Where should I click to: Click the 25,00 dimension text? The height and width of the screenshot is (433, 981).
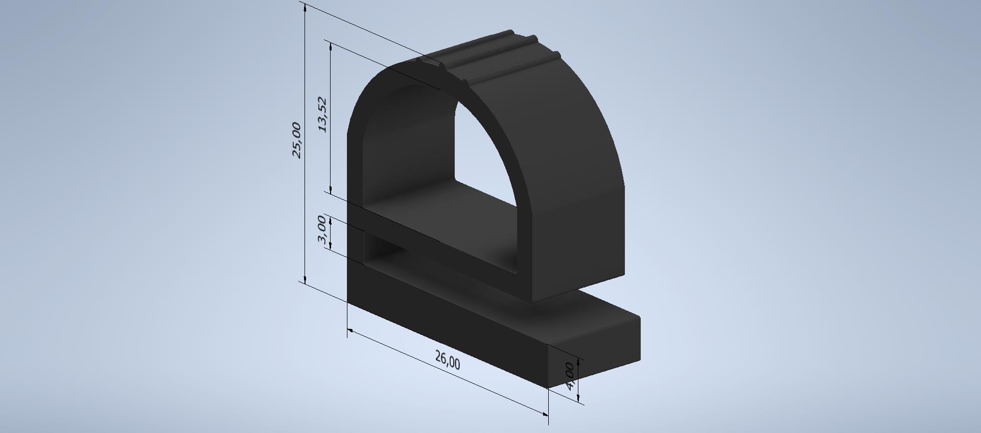(x=296, y=140)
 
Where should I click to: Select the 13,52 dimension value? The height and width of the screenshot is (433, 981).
(x=322, y=115)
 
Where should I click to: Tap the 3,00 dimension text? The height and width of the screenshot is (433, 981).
(x=321, y=230)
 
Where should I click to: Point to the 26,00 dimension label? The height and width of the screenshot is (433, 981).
(x=448, y=360)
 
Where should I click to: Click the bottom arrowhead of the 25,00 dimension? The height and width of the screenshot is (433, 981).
(x=305, y=278)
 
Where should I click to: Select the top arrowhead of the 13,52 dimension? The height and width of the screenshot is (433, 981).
(x=331, y=46)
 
